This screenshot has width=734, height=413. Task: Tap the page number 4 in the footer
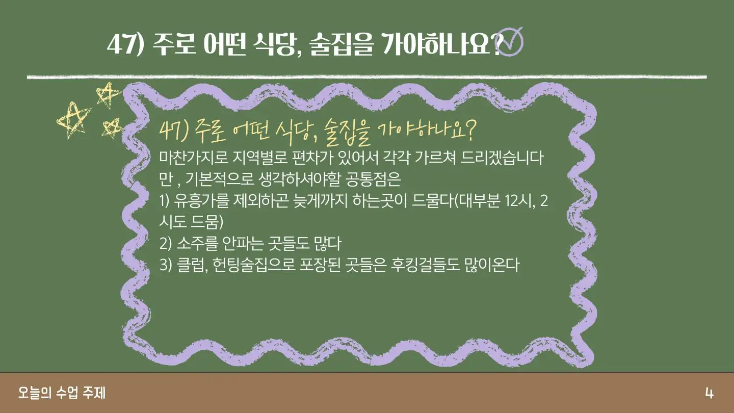[x=709, y=393]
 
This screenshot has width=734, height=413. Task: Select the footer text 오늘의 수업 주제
[x=62, y=393]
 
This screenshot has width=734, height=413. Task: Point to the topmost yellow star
[x=108, y=94]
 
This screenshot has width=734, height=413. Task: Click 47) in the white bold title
[x=125, y=44]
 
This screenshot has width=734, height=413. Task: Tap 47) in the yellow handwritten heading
[x=173, y=132]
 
